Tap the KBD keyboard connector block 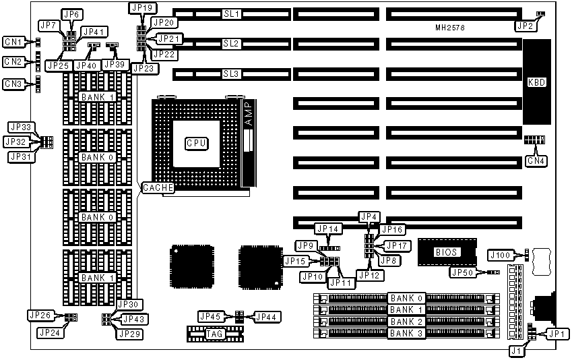536,83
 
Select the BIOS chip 445,252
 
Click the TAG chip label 214,333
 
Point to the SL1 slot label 231,13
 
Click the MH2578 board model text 449,28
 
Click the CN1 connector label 13,42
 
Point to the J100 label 500,254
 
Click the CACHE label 158,188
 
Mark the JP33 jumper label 20,127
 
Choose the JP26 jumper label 40,314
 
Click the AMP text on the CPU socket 247,112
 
